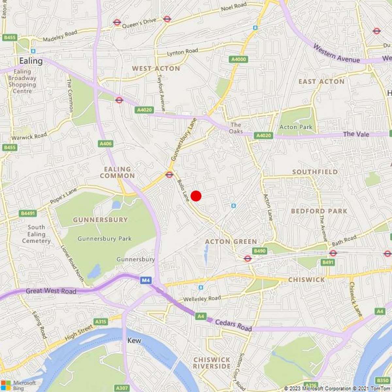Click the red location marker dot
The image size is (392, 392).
(x=196, y=196)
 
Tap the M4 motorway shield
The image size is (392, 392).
(x=146, y=280)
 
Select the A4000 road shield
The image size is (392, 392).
(x=238, y=59)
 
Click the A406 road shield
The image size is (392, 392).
(x=106, y=143)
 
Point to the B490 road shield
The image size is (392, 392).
(x=260, y=251)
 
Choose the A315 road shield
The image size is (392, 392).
(x=101, y=322)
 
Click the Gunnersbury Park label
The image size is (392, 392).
(x=105, y=239)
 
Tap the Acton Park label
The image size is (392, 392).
(x=296, y=127)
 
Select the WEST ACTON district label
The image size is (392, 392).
(x=156, y=69)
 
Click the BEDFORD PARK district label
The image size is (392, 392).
(x=319, y=211)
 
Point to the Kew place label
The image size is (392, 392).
(x=134, y=341)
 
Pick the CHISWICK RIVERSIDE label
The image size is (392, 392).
(x=212, y=363)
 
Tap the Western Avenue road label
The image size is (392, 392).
(x=336, y=54)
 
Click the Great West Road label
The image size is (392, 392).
(x=51, y=291)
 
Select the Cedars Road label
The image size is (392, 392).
(x=233, y=325)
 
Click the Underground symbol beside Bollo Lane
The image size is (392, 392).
(x=169, y=175)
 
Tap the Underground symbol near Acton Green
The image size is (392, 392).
(x=248, y=259)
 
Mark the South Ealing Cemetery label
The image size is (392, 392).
(x=36, y=234)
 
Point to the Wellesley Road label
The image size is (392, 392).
(x=202, y=299)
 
